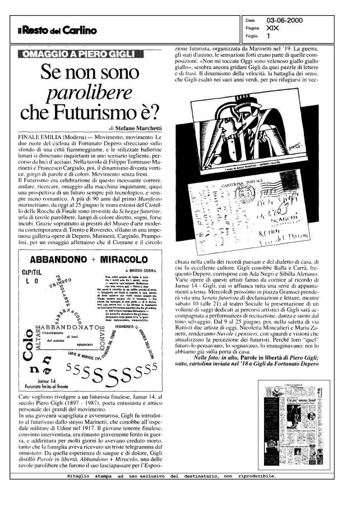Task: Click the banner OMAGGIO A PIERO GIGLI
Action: point(87,54)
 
